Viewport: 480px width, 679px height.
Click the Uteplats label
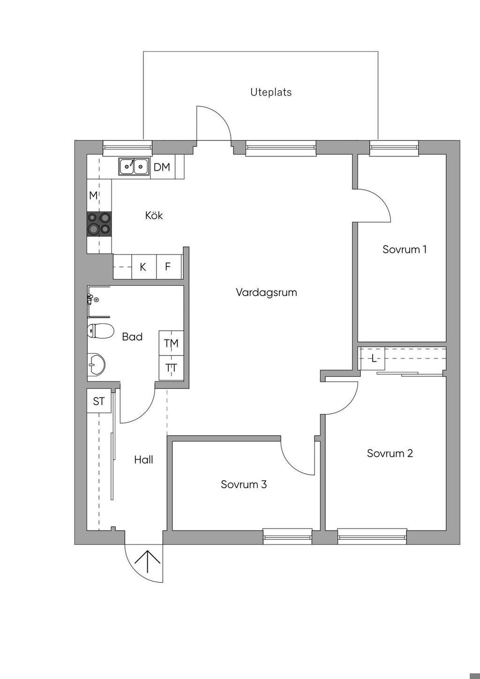click(270, 92)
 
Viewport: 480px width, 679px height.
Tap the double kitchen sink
click(133, 166)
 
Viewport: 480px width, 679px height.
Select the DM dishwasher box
click(162, 167)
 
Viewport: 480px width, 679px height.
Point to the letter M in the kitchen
click(93, 195)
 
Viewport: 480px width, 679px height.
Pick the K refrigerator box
click(143, 267)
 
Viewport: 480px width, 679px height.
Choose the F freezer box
click(168, 267)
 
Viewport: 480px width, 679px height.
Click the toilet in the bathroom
click(100, 331)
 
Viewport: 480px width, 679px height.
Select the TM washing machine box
click(171, 343)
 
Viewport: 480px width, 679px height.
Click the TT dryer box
click(171, 368)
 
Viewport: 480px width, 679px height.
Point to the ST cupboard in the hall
click(98, 402)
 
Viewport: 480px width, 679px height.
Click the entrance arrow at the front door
click(148, 561)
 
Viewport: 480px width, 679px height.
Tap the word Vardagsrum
click(266, 293)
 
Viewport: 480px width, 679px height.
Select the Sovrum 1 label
click(405, 249)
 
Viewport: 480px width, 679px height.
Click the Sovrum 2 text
click(390, 454)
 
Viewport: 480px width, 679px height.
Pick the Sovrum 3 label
click(244, 485)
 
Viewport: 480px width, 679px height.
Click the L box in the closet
click(373, 359)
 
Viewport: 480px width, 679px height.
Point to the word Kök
click(154, 216)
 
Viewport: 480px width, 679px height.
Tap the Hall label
click(143, 460)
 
